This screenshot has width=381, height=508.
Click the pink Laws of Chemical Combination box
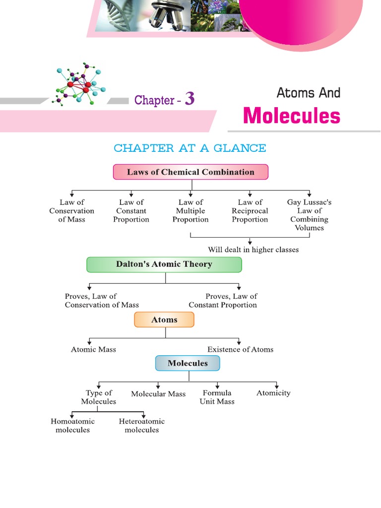coord(190,172)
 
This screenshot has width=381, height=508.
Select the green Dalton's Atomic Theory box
coord(164,264)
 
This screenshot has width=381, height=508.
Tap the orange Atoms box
coord(164,320)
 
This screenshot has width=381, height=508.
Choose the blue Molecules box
coord(188,363)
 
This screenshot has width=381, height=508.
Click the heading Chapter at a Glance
coord(190,148)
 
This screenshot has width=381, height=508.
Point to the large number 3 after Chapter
coord(189,99)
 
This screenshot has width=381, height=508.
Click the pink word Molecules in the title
coord(291,116)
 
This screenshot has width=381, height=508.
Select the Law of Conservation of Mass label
coord(72,211)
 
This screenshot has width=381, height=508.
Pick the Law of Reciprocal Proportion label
coord(250,211)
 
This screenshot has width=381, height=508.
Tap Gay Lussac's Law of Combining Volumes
coord(309,215)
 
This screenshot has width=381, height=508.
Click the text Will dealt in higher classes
coord(253,250)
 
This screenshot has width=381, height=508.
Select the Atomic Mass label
coord(93,349)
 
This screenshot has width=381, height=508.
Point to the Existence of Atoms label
coord(240,349)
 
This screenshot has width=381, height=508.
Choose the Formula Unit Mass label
coord(217,397)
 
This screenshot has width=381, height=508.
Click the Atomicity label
coord(273,393)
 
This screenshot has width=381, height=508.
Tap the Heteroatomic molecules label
coord(141,426)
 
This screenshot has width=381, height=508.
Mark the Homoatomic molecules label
coord(72,426)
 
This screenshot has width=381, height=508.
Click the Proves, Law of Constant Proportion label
coord(223,301)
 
